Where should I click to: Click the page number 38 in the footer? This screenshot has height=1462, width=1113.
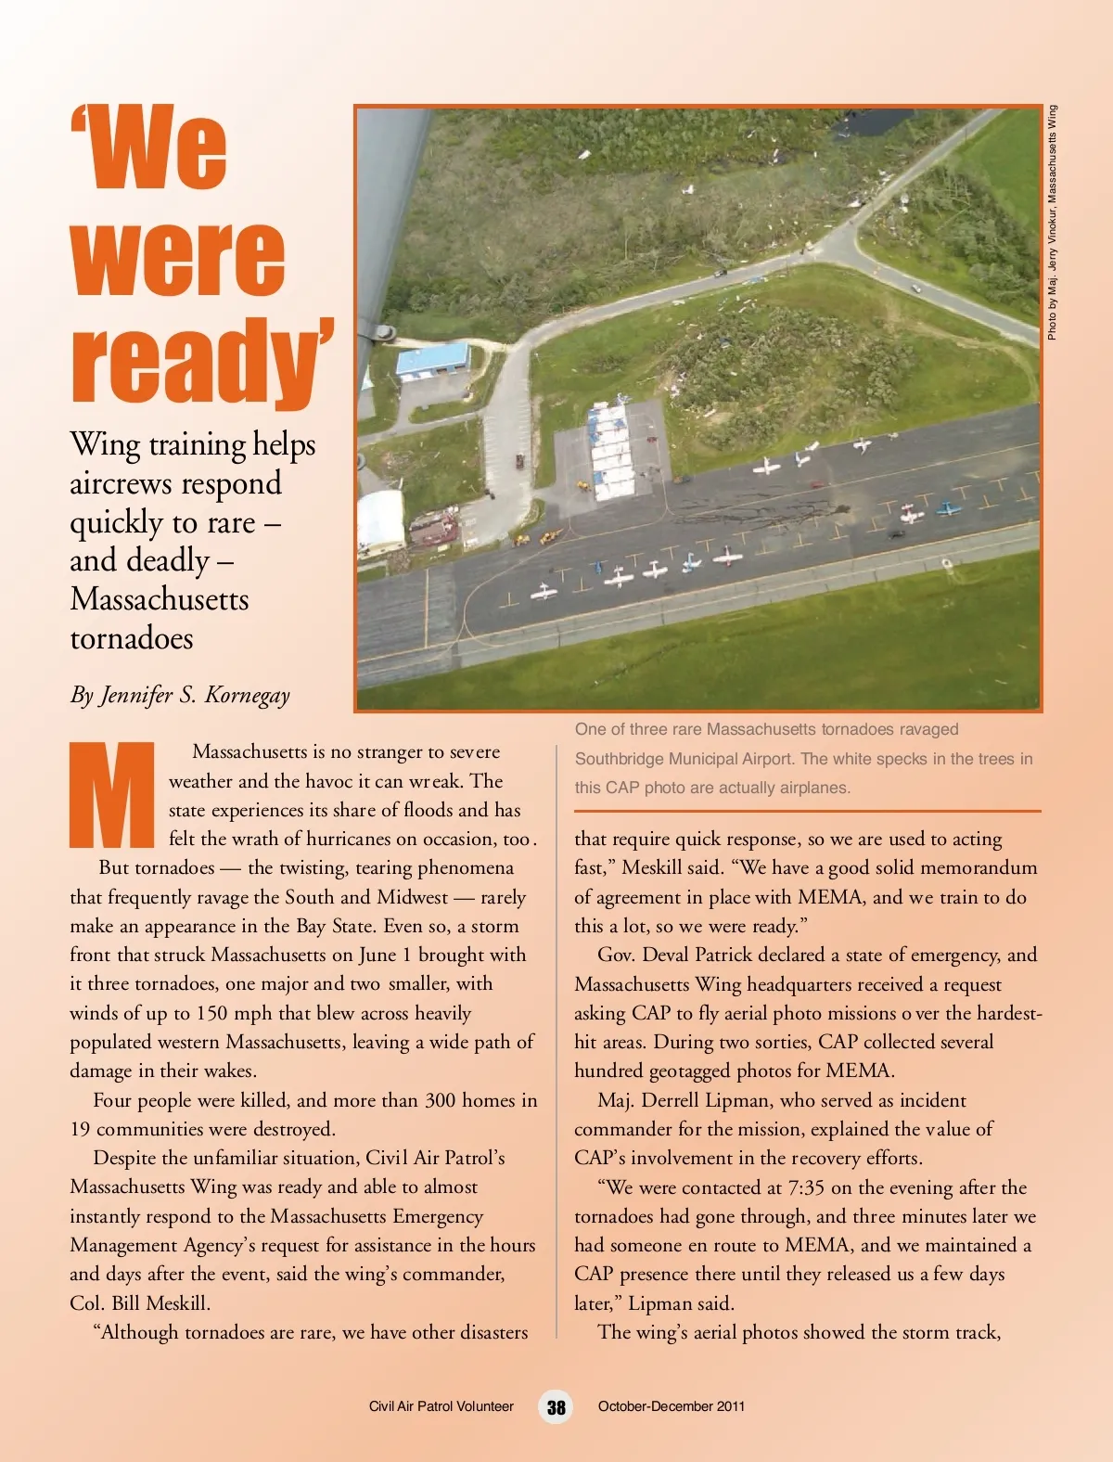[556, 1407]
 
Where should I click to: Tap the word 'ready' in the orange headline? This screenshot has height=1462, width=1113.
[200, 362]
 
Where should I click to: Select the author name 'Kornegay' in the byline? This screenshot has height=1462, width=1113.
[247, 695]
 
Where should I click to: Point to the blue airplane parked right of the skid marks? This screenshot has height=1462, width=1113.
[947, 508]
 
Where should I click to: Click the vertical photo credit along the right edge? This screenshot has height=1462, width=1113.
[1052, 223]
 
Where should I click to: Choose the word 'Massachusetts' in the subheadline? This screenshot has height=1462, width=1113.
[160, 599]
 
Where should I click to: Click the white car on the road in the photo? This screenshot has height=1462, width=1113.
[916, 289]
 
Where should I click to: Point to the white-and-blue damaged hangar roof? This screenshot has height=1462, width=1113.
[609, 450]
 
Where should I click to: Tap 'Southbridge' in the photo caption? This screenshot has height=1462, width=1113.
[619, 759]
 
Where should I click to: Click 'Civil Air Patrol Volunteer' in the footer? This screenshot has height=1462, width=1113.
[441, 1406]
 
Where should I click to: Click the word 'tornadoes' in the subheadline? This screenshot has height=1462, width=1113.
[132, 638]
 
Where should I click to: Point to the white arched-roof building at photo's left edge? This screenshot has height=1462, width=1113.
[380, 520]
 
